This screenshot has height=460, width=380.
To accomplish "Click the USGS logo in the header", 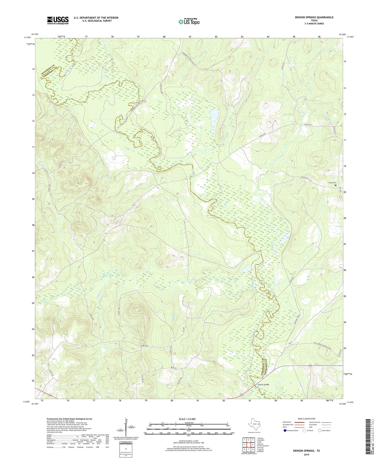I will pyautogui.click(x=58, y=20).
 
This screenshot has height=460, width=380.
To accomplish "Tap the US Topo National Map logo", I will pyautogui.click(x=189, y=22).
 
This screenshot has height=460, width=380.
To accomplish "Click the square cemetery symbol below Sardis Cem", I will pyautogui.click(x=336, y=185).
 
